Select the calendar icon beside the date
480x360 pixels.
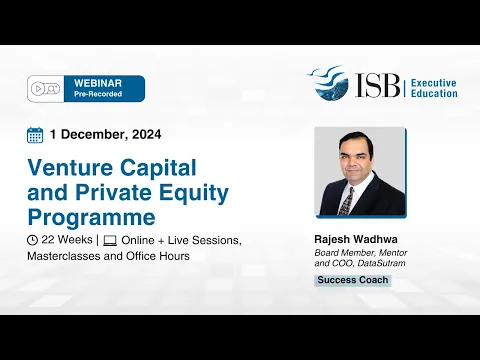(x=35, y=135)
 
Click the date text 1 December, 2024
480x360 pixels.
(x=105, y=135)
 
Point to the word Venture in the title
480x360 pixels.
(x=68, y=165)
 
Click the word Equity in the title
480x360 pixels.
(x=193, y=190)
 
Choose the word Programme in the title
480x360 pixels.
(x=91, y=216)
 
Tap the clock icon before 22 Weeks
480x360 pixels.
(x=33, y=241)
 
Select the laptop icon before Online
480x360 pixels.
(x=110, y=241)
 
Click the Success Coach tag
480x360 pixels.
(x=352, y=280)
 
